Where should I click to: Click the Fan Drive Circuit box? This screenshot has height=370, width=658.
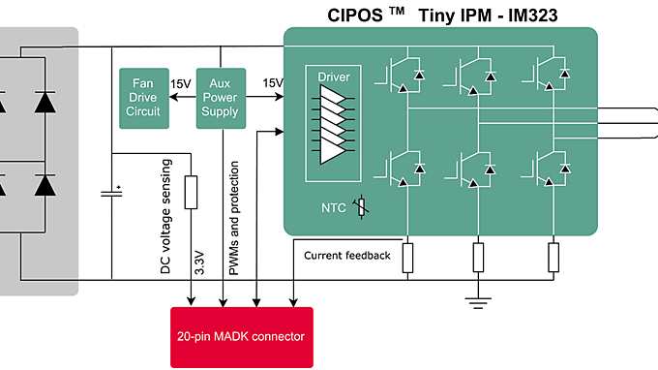(x=140, y=99)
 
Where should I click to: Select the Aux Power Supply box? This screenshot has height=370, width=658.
(x=220, y=99)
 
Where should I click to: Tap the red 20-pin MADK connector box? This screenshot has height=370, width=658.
(x=241, y=336)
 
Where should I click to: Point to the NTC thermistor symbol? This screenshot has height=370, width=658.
(x=362, y=207)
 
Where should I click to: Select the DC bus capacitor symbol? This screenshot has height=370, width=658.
(x=112, y=194)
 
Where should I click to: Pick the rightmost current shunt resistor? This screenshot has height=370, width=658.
(x=553, y=257)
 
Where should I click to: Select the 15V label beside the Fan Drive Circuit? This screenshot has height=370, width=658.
(x=180, y=84)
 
